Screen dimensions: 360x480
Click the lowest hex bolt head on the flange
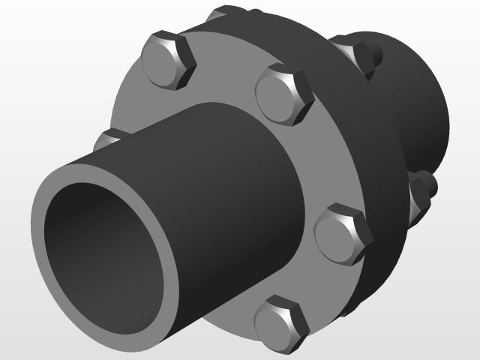coord(281,324)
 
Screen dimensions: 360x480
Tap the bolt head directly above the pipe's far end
coord(283,94)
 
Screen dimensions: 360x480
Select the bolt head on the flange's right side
coord(342,234)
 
